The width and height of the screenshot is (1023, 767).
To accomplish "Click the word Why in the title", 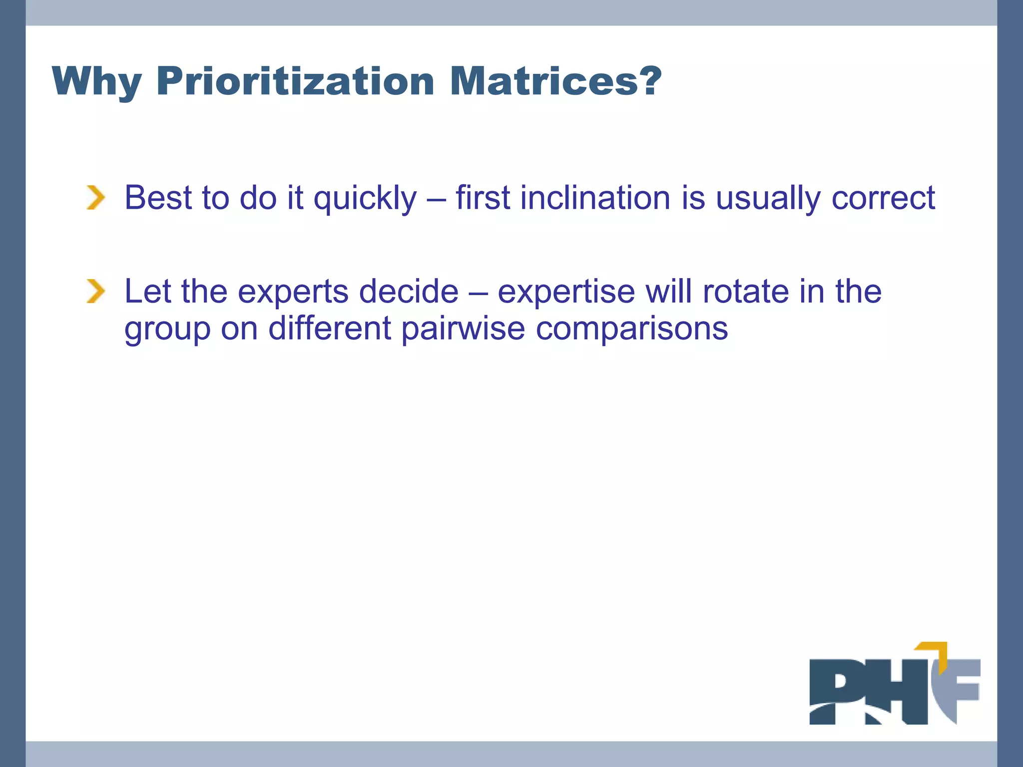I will [x=96, y=81].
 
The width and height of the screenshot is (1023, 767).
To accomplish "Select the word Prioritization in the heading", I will [x=295, y=81].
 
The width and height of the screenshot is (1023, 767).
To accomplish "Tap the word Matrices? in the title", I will [x=555, y=81].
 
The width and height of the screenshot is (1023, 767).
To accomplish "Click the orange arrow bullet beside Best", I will [x=96, y=197].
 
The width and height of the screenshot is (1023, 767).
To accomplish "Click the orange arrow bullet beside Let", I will [x=96, y=291].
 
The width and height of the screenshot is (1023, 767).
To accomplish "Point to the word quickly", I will [x=365, y=199].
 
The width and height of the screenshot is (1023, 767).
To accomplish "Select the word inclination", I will [x=595, y=198].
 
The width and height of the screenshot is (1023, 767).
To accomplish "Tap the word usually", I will [x=768, y=199].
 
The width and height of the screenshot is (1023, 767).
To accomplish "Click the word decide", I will [x=409, y=291].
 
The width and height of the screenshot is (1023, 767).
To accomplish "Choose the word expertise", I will [x=566, y=292].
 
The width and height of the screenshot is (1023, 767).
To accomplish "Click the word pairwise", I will [x=463, y=329].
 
